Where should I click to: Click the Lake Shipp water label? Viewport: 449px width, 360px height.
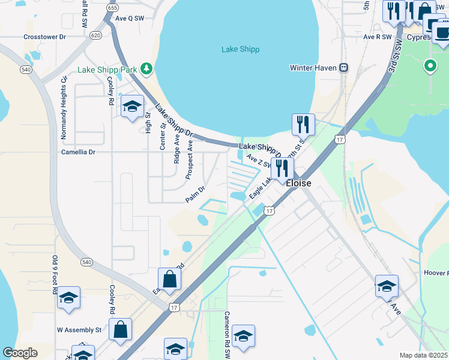pos(240,49)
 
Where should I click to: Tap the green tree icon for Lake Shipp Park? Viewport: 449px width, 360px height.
pos(146,69)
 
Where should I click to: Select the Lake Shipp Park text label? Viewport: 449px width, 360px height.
pos(108,70)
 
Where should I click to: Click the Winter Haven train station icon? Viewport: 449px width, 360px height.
pos(344,68)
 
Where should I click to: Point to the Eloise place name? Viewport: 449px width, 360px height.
pos(298,183)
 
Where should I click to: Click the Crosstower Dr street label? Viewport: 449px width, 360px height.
pos(44,37)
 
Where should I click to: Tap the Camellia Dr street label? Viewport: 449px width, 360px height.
pos(78,152)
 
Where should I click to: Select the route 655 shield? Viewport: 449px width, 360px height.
pos(112,8)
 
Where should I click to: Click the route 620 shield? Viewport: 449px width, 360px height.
pos(95,35)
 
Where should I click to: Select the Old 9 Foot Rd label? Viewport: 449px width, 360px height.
pos(55,274)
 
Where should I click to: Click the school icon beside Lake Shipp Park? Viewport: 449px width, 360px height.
pos(132,107)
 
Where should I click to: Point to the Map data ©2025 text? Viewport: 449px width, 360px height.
pos(423,355)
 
